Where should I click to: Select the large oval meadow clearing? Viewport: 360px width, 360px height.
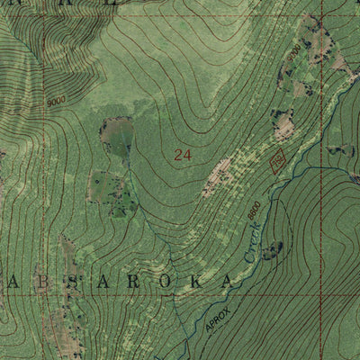pos(116,134)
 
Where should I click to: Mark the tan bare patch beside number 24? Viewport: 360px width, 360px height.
pos(217,175)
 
